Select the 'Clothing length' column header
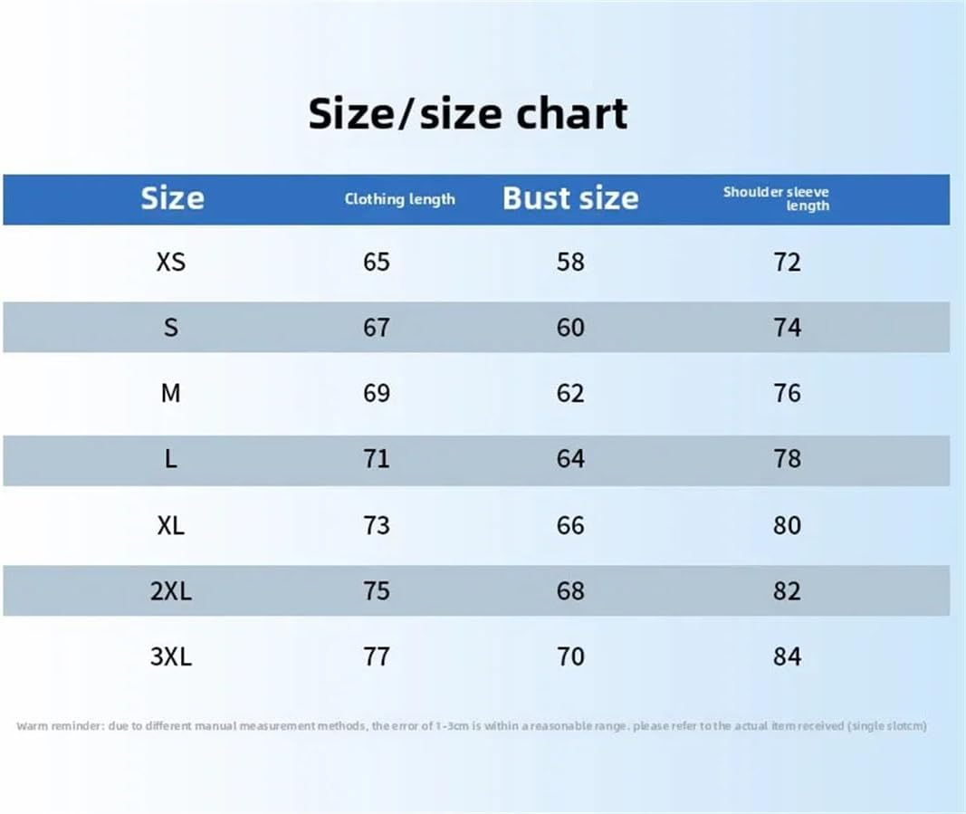(399, 199)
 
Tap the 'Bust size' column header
(570, 198)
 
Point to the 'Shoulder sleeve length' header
(776, 198)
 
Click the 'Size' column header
(172, 198)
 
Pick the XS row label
(170, 262)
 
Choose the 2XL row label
(171, 590)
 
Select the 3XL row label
(171, 656)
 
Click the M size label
(170, 393)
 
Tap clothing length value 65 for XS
(376, 262)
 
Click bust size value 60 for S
(570, 327)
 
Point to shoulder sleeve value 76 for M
(787, 393)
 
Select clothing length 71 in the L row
(376, 459)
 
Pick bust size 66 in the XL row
(570, 525)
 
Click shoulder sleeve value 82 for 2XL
(787, 590)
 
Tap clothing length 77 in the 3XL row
(376, 656)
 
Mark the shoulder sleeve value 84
(787, 656)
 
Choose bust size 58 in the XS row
(570, 262)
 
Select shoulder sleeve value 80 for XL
(787, 525)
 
